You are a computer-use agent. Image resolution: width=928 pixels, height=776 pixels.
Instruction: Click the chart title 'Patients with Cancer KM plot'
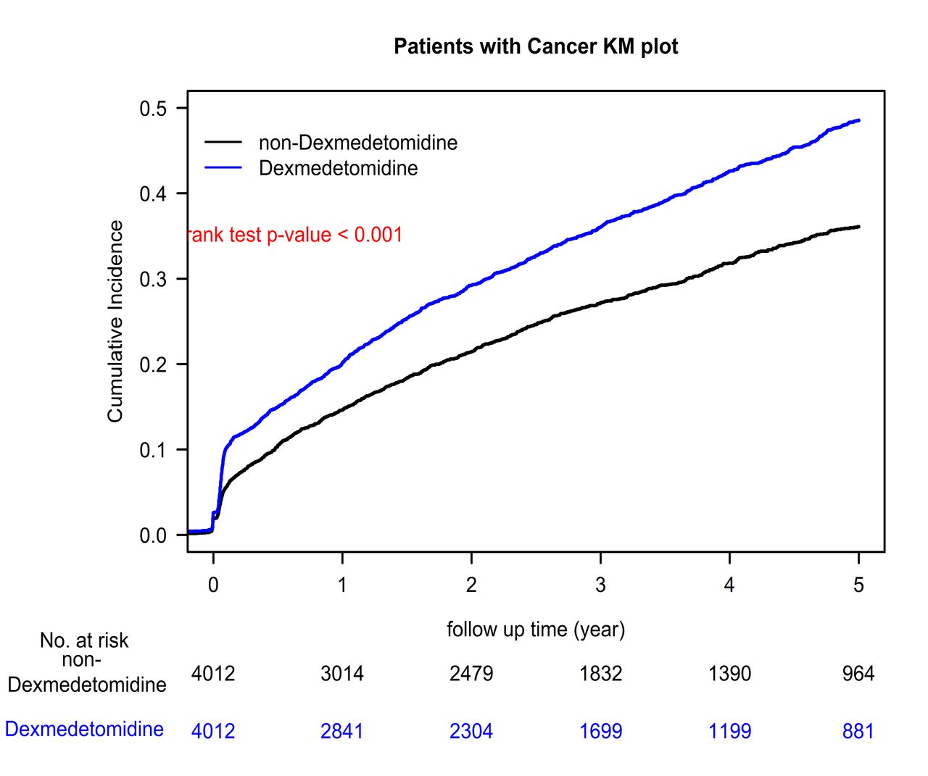(x=536, y=46)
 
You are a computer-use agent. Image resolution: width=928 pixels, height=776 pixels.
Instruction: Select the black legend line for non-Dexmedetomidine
(x=223, y=142)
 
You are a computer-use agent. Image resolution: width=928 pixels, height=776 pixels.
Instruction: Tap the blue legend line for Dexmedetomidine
(x=223, y=167)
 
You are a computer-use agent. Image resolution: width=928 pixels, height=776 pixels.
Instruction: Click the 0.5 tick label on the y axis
(x=153, y=109)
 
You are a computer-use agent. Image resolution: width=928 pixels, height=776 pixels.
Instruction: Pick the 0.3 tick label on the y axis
(x=153, y=279)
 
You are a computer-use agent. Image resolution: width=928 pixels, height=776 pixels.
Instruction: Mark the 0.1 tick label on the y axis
(x=153, y=450)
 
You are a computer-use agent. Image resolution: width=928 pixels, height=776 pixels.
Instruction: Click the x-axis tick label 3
(x=600, y=585)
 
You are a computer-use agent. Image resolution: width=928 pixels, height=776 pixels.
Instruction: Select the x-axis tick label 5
(x=858, y=585)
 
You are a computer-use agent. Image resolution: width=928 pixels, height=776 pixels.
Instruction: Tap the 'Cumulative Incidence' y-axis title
(x=115, y=321)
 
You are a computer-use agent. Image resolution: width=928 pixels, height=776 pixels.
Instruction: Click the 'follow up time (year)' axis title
(x=536, y=630)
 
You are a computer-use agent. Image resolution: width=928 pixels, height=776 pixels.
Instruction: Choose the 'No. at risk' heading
(x=84, y=641)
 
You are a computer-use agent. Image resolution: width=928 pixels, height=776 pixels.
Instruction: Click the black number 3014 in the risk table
(x=341, y=674)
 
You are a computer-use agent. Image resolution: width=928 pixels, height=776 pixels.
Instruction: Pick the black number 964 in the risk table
(x=858, y=674)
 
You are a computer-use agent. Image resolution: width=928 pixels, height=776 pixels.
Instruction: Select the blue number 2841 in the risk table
(x=341, y=731)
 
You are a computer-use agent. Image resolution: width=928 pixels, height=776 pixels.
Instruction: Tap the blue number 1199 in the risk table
(x=729, y=731)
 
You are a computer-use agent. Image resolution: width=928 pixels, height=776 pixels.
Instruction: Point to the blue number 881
(x=858, y=731)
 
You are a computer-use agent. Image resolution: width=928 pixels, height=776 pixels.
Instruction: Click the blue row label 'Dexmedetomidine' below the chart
(x=84, y=729)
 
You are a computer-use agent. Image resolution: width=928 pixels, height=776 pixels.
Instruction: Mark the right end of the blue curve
(x=858, y=120)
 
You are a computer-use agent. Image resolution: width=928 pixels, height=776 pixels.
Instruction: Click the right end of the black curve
(x=858, y=227)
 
